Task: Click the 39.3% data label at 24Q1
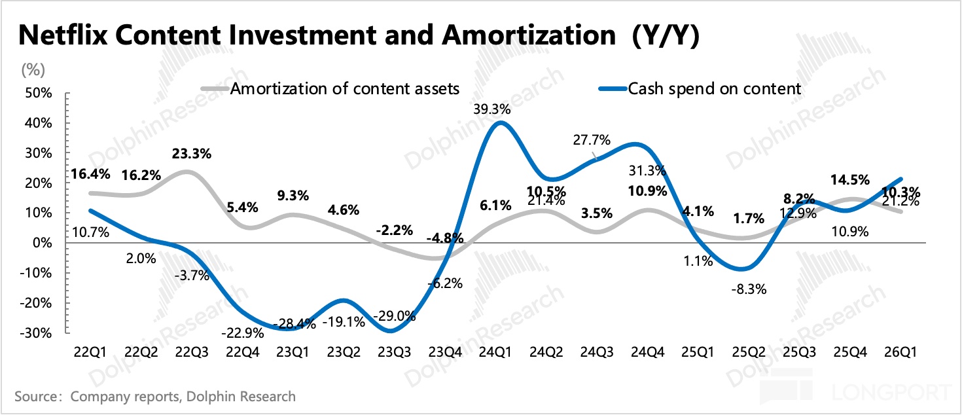tap(494, 109)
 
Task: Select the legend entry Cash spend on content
tap(714, 88)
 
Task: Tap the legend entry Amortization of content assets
tap(345, 88)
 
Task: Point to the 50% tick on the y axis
tap(38, 93)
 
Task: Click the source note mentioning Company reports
tap(154, 396)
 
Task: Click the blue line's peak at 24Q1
tap(501, 123)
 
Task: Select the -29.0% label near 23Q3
tap(394, 316)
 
